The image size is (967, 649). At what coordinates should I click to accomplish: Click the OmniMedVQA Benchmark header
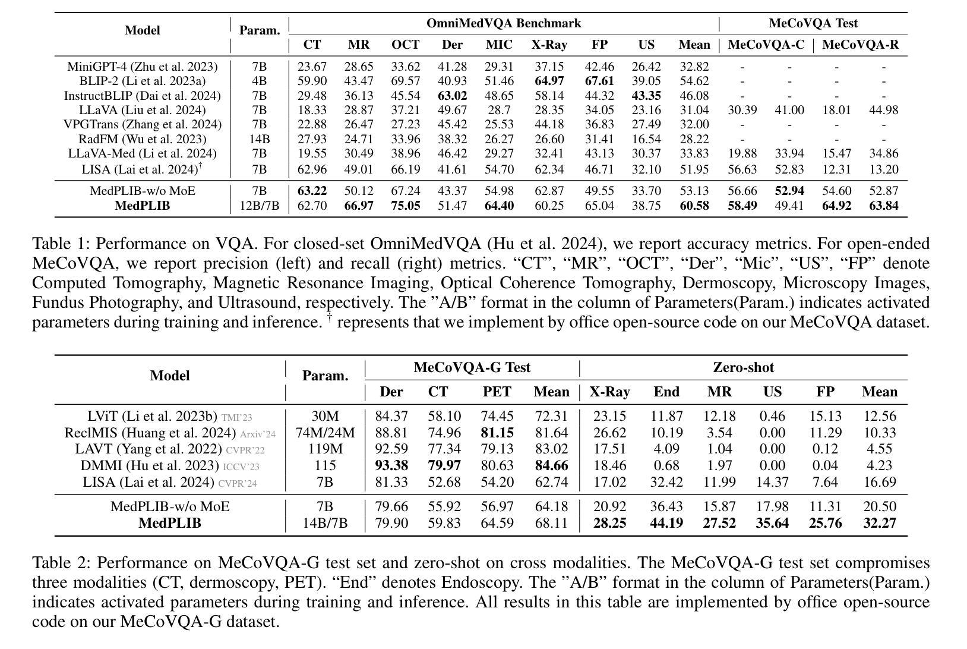pos(503,24)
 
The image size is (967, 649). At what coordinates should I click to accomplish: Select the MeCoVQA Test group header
pos(813,24)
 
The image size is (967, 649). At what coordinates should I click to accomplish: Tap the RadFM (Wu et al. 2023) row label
pos(143,139)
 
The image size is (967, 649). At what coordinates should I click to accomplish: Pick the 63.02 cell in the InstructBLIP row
pos(452,96)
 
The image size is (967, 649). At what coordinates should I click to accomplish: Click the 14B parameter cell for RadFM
pos(260,139)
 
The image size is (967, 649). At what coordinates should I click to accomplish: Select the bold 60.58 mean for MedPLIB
pos(694,206)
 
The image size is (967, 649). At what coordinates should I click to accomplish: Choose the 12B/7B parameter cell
pos(260,206)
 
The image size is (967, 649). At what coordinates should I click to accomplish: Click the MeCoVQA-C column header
pos(766,45)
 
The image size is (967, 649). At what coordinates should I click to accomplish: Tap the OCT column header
pos(405,45)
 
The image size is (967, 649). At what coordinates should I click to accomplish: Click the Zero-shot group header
pos(743,368)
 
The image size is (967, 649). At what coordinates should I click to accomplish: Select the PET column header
pos(497,392)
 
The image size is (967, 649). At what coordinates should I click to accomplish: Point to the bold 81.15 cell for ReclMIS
pos(497,433)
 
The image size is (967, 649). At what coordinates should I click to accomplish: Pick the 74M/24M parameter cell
pos(325,433)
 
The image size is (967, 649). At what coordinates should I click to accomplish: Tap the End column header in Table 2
pos(666,392)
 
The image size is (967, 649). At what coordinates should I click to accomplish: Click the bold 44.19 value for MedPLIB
pos(666,524)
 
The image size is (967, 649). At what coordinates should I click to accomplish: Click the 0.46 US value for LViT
pos(772,417)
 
